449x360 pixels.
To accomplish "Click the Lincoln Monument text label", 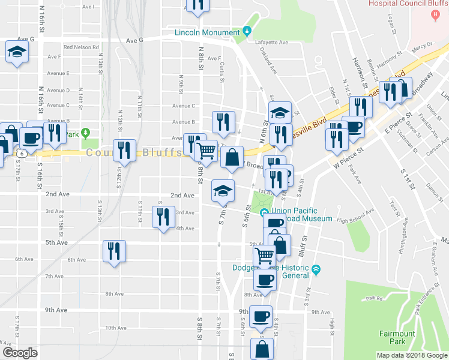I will click(x=207, y=32).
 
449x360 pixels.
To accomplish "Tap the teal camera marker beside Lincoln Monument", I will click(x=246, y=31).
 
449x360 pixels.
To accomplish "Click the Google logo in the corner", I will click(x=20, y=353).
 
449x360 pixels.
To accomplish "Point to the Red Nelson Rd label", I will click(x=81, y=47).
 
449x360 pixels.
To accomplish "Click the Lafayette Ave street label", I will click(x=272, y=43).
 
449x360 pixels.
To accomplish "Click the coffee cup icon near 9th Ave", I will click(x=261, y=316).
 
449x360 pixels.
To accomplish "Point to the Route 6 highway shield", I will click(x=21, y=154).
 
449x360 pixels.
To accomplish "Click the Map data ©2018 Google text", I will click(x=412, y=355).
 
